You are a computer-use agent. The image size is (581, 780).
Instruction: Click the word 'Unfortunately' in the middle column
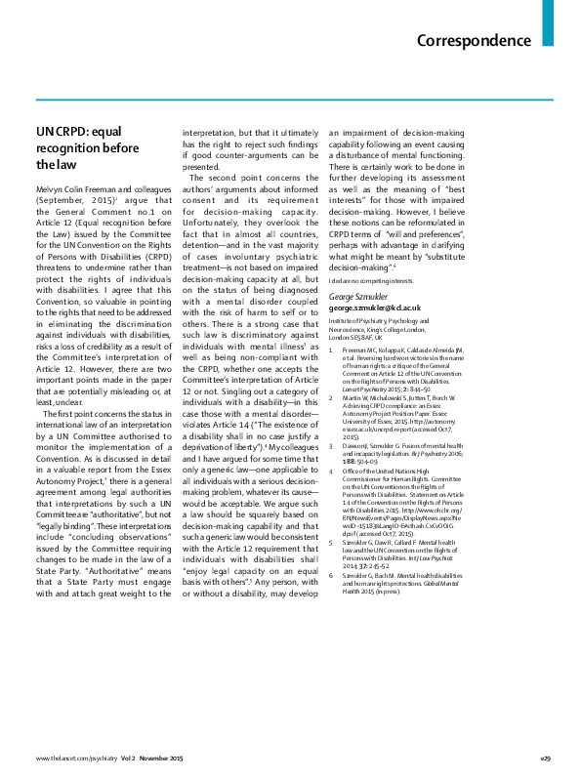(x=217, y=223)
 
